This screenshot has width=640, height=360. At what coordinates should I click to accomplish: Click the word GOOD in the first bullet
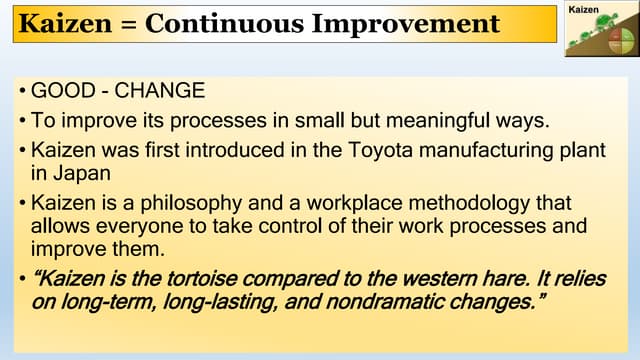pyautogui.click(x=59, y=92)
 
